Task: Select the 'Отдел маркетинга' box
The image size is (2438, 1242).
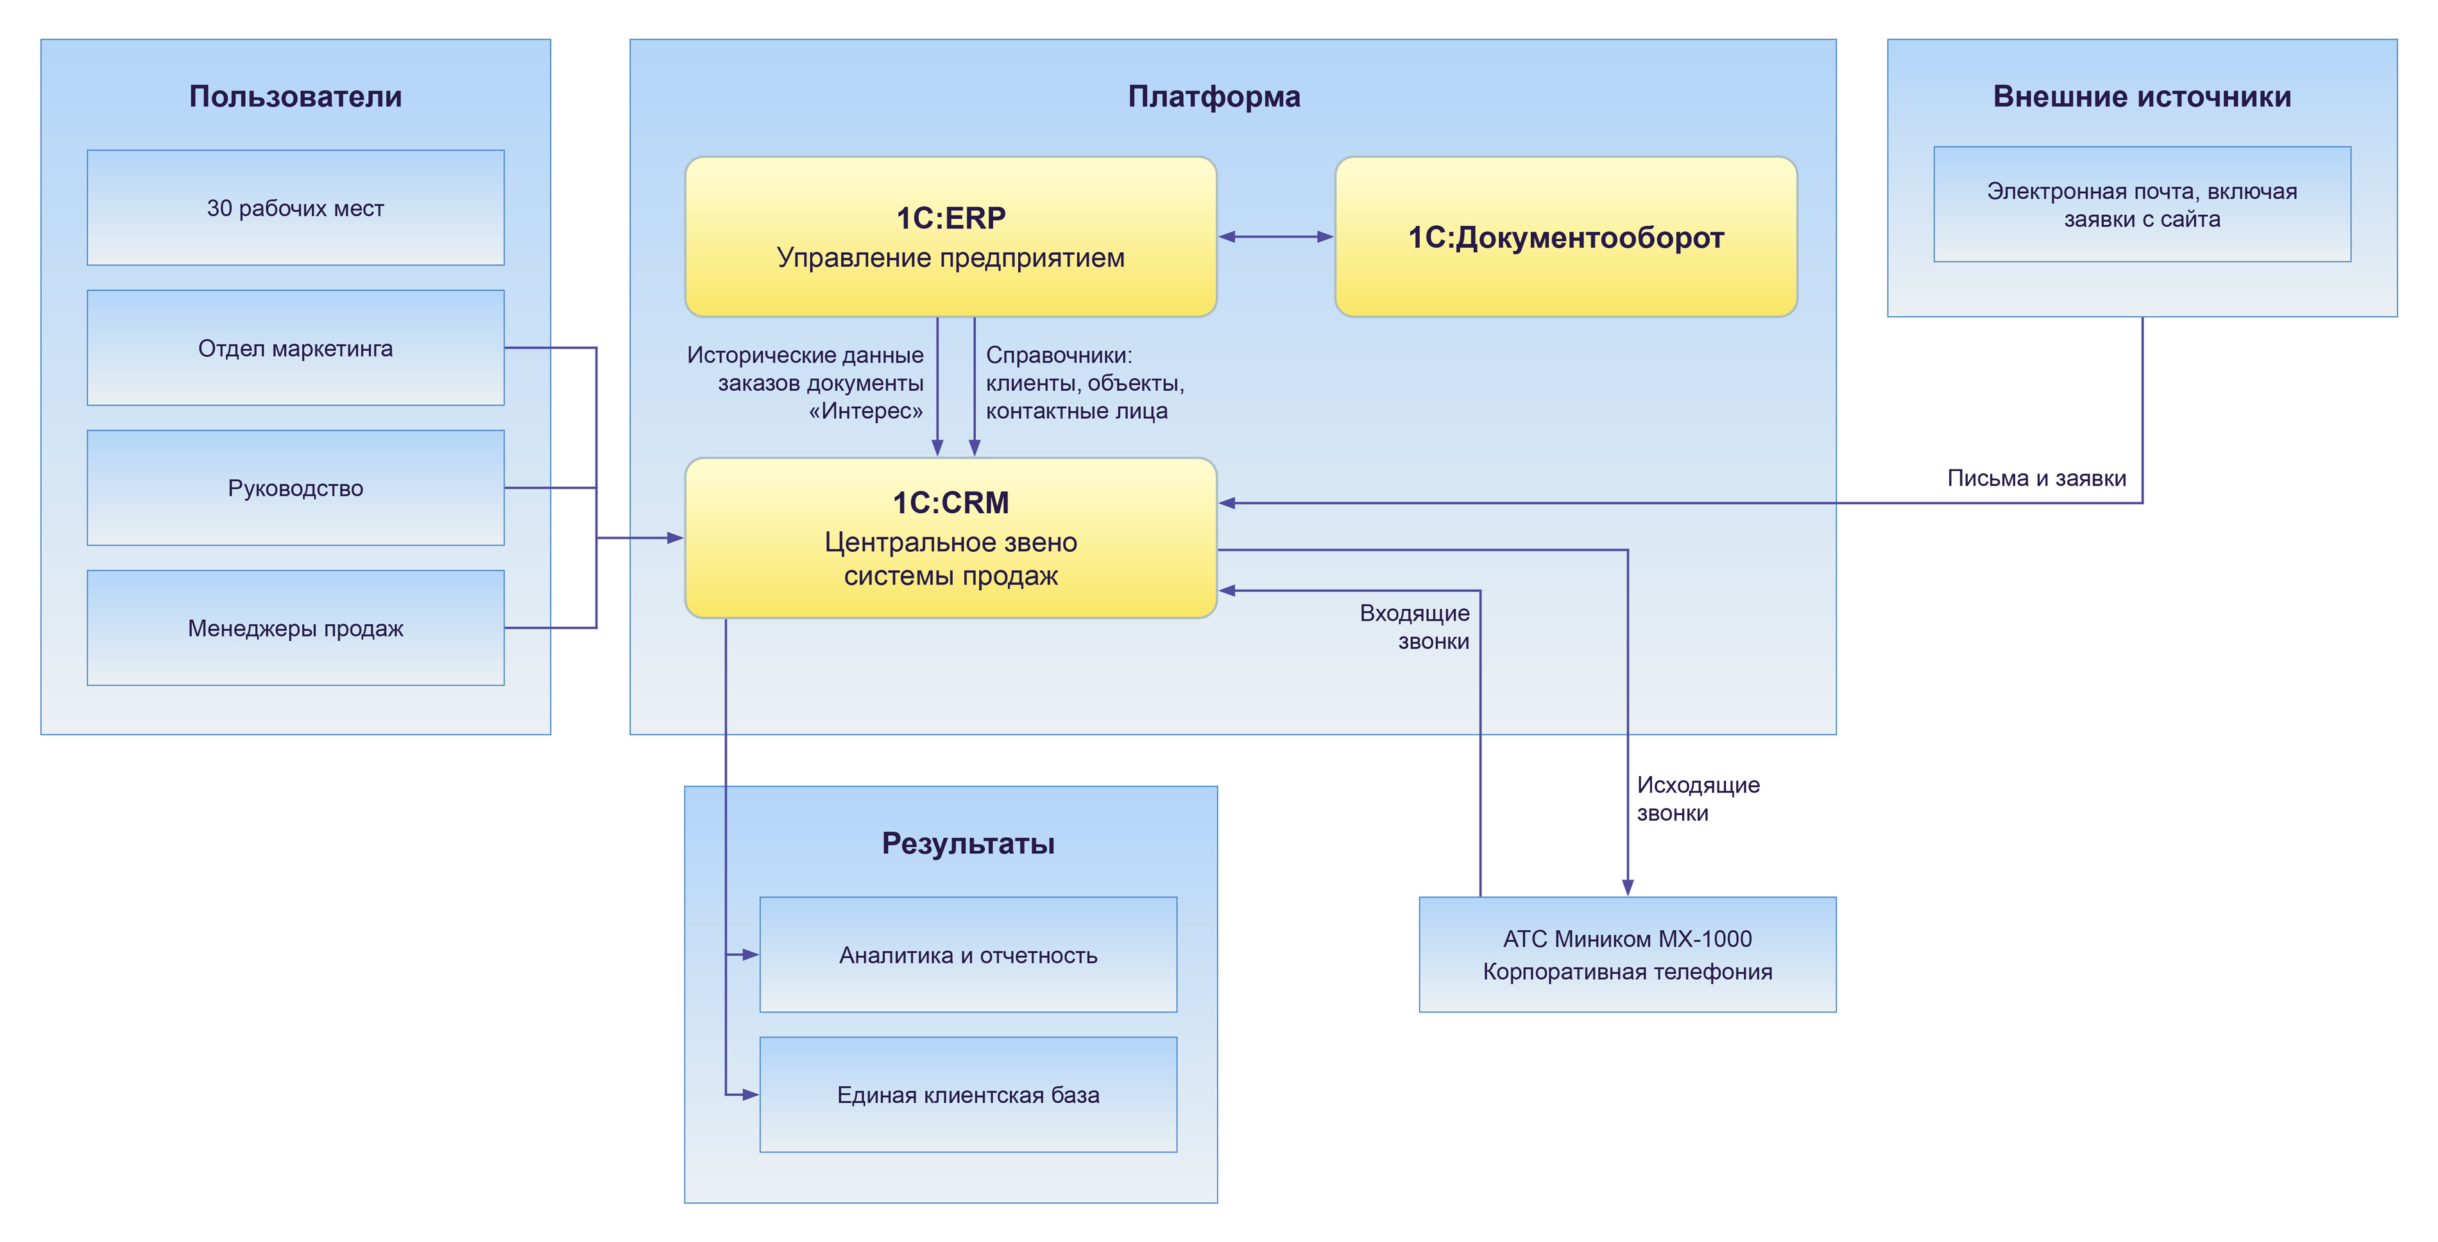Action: click(x=295, y=348)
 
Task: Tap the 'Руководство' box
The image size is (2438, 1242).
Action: click(x=295, y=488)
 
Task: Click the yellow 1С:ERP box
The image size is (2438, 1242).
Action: click(x=950, y=237)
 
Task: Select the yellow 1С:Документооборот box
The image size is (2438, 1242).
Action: click(x=1565, y=237)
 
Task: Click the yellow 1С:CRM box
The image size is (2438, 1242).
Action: click(x=950, y=538)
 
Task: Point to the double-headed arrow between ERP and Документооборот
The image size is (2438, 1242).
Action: click(x=1276, y=237)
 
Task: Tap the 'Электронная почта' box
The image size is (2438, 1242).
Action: click(x=2142, y=205)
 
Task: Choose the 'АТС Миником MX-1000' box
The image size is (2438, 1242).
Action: click(x=1627, y=954)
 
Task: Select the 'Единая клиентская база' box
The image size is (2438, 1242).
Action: click(x=968, y=1094)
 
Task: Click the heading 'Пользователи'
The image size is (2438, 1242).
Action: click(x=295, y=97)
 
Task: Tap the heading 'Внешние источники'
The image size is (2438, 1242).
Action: click(x=2142, y=97)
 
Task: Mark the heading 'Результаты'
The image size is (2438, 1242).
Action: click(x=968, y=844)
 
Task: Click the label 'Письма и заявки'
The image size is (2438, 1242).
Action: click(x=2036, y=478)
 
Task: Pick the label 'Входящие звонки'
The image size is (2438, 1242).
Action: click(x=1415, y=627)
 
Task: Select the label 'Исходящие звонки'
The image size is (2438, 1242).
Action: click(x=1698, y=798)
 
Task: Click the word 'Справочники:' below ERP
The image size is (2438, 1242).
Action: click(x=1058, y=355)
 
